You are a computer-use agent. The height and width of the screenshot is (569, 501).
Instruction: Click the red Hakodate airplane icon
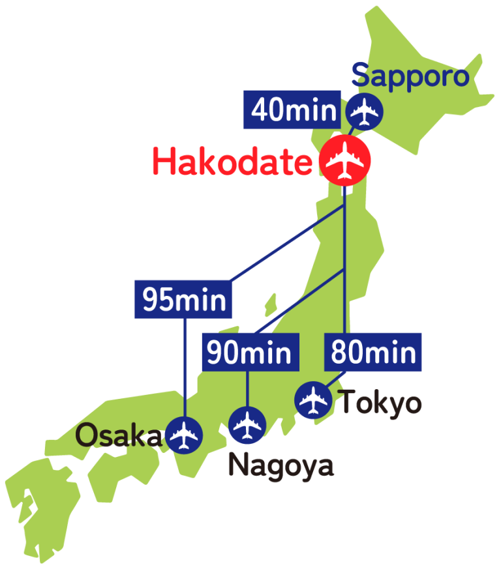coord(345,160)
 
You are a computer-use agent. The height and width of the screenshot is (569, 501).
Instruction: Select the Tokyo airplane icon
coord(314,400)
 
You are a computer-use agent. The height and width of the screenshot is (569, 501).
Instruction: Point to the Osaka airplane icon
coord(184,435)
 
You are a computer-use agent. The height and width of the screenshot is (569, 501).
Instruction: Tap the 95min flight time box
coord(184,300)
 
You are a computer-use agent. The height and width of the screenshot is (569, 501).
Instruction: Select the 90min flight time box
coord(249,352)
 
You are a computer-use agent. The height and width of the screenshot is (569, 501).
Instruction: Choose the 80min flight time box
coord(373,352)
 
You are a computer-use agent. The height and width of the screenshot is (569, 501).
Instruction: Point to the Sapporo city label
coord(410,77)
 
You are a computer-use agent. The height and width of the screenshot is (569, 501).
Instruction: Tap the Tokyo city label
coord(382,403)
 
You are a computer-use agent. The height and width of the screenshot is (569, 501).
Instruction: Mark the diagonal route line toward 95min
coord(287,244)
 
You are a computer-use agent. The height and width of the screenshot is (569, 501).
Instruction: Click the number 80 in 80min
coord(346,353)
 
